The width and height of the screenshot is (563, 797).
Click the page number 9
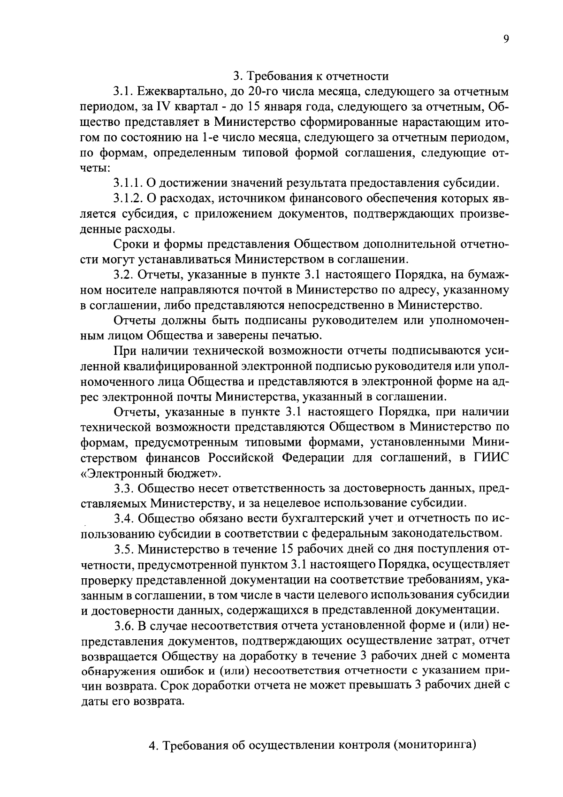point(506,40)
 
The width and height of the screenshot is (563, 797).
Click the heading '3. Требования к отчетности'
point(311,76)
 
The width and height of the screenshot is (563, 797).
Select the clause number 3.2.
point(123,275)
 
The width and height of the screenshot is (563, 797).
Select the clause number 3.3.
point(123,489)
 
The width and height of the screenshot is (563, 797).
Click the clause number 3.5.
point(123,550)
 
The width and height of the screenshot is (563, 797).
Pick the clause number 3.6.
point(123,626)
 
